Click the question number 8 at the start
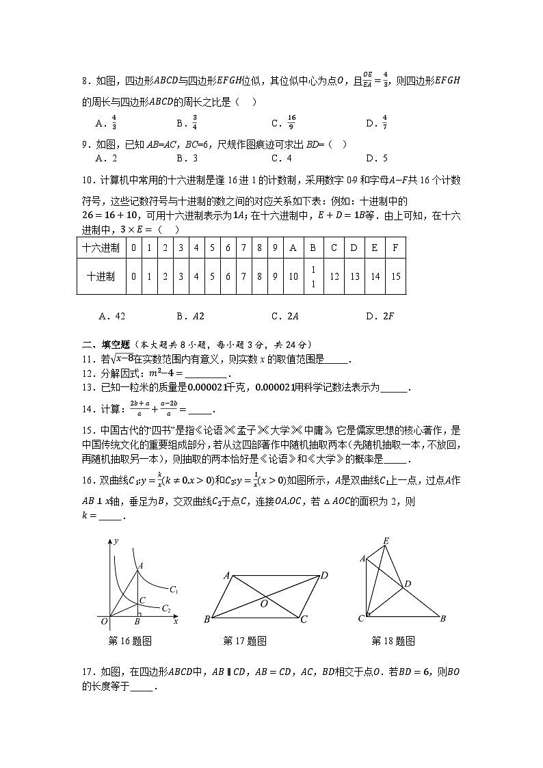click(85, 81)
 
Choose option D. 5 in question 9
click(377, 158)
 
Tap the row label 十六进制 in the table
click(101, 248)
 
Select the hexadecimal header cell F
click(395, 248)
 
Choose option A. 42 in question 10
click(112, 316)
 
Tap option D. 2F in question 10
click(380, 316)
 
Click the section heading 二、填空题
click(102, 345)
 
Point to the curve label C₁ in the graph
click(174, 590)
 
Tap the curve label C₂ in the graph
click(165, 608)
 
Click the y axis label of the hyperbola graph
click(116, 540)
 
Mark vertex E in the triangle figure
click(386, 541)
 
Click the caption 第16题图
click(130, 641)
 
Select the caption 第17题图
click(245, 641)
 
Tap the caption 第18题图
click(393, 641)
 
